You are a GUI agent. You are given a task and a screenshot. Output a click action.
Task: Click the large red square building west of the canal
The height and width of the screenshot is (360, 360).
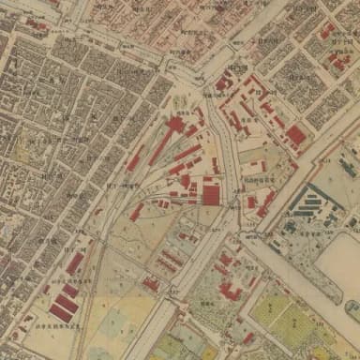pos(211,194)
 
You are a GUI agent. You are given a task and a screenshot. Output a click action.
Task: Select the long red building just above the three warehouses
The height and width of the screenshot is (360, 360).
pos(74,264)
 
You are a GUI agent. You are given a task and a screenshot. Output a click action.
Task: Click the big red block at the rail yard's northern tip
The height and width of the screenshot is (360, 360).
pos(175,125)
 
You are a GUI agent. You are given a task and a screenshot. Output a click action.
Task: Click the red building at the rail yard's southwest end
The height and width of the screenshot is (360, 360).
pos(136,212)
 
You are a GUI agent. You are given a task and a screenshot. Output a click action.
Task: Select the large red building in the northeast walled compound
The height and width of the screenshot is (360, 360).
pos(296,136)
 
